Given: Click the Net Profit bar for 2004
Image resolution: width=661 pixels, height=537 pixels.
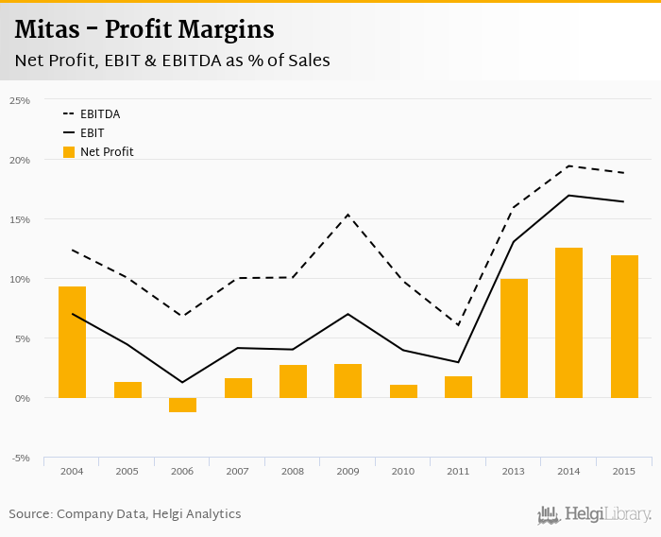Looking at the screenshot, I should click(x=73, y=341).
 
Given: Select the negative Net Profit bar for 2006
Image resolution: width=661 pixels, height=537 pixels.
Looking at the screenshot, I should click(x=183, y=405).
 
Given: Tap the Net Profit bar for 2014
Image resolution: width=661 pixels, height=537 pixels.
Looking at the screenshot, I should click(x=569, y=322).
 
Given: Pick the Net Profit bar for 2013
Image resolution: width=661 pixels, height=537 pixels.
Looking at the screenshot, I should click(x=514, y=338).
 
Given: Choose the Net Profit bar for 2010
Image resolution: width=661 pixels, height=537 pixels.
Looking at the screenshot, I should click(x=403, y=391).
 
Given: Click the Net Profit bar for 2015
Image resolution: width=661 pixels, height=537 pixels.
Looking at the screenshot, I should click(x=624, y=326).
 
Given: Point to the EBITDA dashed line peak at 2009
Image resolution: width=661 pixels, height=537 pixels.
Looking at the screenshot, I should click(x=348, y=215).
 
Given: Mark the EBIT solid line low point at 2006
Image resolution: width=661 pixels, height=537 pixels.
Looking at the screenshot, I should click(x=183, y=382).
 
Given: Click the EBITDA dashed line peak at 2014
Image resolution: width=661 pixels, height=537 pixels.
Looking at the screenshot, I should click(x=569, y=165).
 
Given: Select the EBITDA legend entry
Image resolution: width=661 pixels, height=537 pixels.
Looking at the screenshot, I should click(x=99, y=113).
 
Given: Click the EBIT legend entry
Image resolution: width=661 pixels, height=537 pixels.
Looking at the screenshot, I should click(x=92, y=132).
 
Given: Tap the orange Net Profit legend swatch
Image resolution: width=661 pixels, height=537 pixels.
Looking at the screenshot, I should click(x=69, y=151).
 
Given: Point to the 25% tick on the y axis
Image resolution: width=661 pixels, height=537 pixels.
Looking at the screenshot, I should click(x=20, y=100).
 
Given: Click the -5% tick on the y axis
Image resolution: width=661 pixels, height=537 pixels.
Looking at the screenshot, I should click(x=20, y=459).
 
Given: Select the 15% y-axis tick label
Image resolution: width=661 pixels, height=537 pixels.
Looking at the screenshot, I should click(x=20, y=219).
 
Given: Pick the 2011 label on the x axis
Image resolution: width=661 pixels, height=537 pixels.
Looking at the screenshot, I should click(x=458, y=471).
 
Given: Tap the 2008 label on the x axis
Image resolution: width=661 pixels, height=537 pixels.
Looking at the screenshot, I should click(x=293, y=471).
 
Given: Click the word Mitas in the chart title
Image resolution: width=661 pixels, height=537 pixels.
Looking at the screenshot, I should click(x=46, y=29).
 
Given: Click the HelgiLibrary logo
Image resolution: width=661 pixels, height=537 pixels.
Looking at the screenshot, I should click(x=594, y=514).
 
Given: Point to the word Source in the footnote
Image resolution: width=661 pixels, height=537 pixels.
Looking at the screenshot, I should click(x=30, y=514).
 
